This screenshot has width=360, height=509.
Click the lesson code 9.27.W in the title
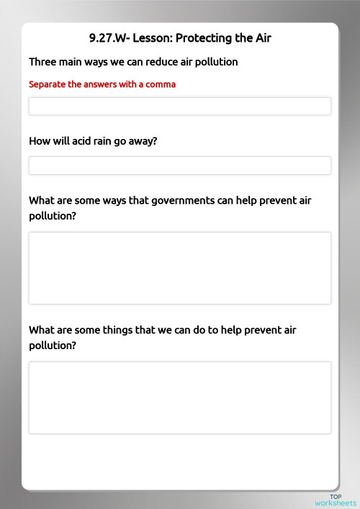[107, 38]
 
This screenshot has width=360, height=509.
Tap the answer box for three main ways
[180, 107]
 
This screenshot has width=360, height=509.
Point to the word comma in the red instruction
[161, 84]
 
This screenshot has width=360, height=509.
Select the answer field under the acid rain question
[180, 166]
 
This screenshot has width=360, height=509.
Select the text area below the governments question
[180, 268]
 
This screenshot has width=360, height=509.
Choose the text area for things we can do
[180, 397]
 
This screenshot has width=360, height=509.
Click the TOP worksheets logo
[335, 500]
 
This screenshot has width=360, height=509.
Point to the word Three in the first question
[42, 62]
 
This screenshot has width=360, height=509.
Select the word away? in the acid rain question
[143, 141]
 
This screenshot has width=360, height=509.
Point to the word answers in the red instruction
[94, 84]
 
